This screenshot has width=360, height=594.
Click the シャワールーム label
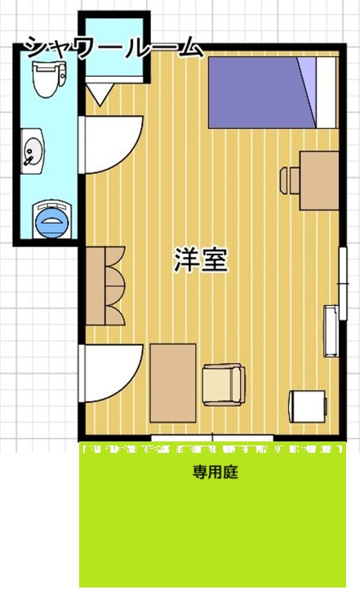coord(113,47)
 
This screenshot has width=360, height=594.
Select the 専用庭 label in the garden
coord(215,472)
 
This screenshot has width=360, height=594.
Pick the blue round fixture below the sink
coord(51,218)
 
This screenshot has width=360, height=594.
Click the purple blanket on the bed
coord(257,92)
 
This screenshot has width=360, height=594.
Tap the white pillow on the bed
coord(324,92)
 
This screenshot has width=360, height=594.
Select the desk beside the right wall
coord(319,180)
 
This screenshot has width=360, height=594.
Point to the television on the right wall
coord(331,330)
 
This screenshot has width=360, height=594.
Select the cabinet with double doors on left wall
coord(104,284)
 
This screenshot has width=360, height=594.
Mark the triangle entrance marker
coord(97,95)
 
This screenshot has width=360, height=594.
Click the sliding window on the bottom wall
coord(213,440)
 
